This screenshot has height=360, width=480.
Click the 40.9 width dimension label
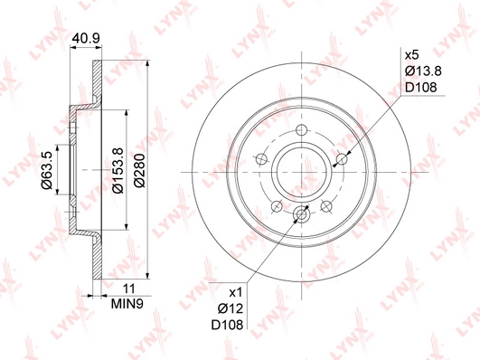click(x=86, y=38)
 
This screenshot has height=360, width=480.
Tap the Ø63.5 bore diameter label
click(x=47, y=170)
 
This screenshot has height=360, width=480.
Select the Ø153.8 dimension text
click(x=118, y=170)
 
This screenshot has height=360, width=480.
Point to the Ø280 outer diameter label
click(x=139, y=170)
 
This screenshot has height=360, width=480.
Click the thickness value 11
click(x=128, y=289)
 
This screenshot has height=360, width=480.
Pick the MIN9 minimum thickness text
click(x=127, y=304)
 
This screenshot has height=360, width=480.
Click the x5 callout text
click(x=411, y=55)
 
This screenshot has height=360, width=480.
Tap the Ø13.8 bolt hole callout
click(x=423, y=71)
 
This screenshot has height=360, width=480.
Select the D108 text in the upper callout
click(x=421, y=88)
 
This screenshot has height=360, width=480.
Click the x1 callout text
click(x=236, y=293)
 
